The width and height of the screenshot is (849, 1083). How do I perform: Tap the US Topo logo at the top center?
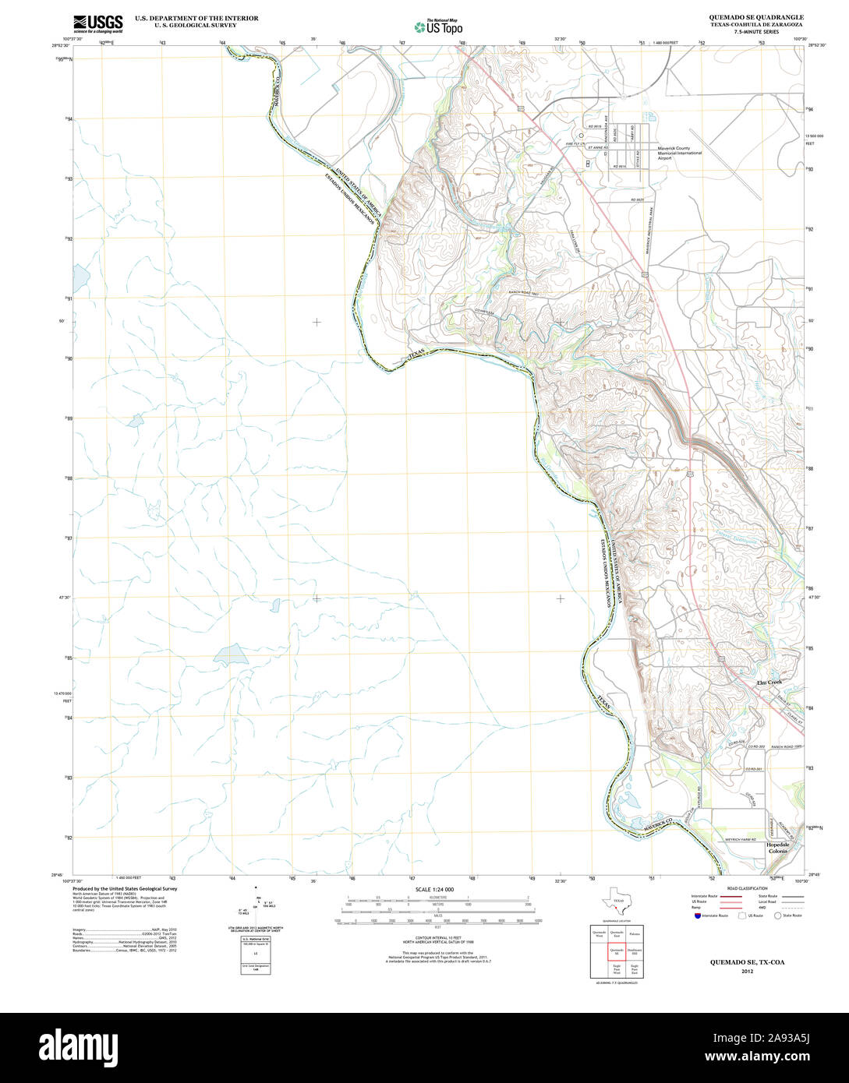point(438,26)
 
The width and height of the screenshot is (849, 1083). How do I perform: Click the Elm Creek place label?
point(769,683)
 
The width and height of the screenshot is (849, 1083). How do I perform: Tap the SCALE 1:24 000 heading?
point(434,890)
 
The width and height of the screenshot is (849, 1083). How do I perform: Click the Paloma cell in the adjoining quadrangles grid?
point(635,933)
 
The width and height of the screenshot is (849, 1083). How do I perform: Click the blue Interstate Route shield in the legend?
point(697,916)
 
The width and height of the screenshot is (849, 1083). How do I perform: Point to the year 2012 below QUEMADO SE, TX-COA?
point(748,972)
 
